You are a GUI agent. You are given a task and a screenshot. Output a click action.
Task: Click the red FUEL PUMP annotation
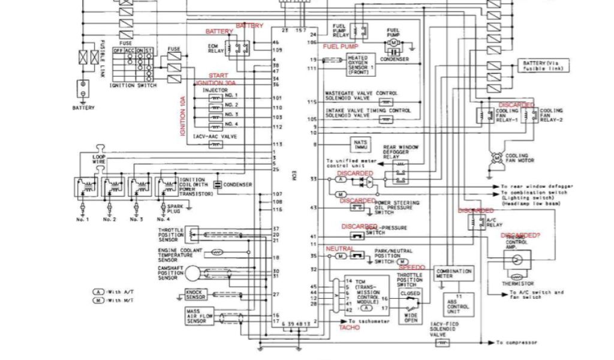tap(340, 46)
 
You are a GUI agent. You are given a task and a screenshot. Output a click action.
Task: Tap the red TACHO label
tap(349, 328)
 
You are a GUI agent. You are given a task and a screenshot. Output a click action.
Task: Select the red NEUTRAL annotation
tap(340, 248)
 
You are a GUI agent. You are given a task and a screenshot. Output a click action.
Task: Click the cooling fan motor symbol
tap(496, 157)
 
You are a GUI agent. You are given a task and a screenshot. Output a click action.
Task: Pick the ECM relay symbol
tap(238, 47)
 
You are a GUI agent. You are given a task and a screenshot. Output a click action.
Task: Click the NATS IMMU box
tap(361, 144)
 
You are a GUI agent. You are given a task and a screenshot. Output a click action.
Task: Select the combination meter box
tap(454, 274)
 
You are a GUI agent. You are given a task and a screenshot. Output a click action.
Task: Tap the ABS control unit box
tap(459, 304)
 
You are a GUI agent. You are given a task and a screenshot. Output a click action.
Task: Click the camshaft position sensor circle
tap(192, 273)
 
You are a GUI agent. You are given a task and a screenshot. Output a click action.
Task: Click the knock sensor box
tap(196, 295)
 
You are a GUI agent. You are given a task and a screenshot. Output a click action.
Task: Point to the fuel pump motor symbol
tap(393, 43)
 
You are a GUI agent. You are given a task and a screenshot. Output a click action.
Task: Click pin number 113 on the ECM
tap(277, 145)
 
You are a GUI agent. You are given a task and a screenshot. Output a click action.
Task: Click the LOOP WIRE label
tap(99, 159)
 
